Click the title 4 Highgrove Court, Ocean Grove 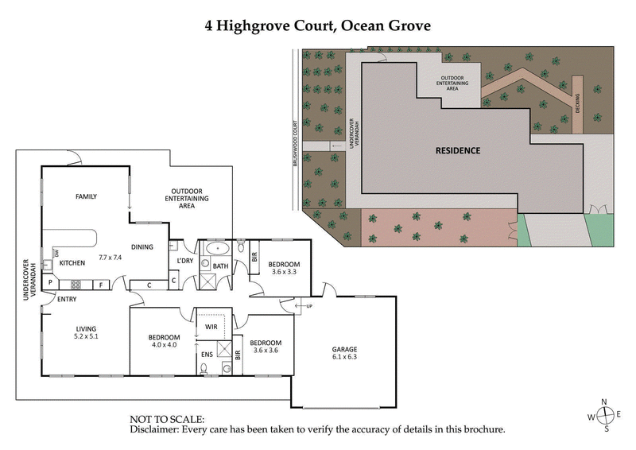(x=318, y=25)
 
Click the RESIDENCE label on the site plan (x=457, y=150)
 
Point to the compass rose (x=606, y=415)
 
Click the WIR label (x=211, y=326)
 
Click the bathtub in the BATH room (x=217, y=248)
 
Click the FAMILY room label (x=86, y=196)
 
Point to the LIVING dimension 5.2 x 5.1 (x=86, y=336)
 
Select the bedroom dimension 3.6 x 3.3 (x=281, y=271)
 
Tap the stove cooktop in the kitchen (x=76, y=284)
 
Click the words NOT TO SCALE (x=167, y=419)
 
